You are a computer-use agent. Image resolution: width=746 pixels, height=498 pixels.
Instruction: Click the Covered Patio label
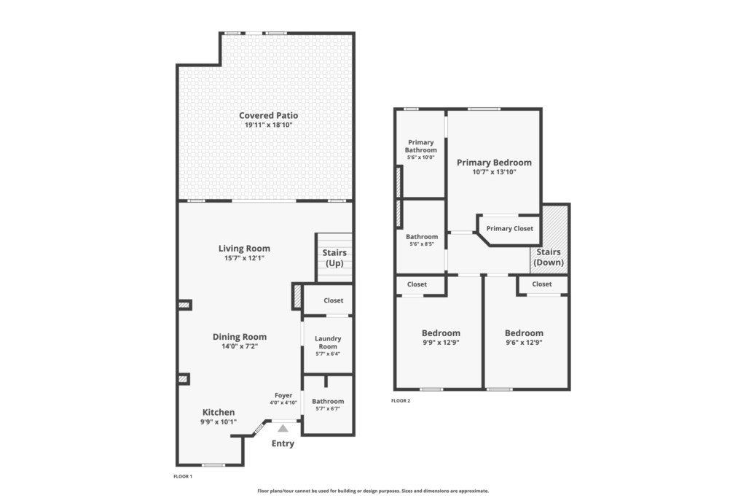268,115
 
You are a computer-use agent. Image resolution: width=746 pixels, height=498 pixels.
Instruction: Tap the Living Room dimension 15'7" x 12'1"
244,259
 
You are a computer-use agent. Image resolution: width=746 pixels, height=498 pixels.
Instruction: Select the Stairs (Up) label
334,257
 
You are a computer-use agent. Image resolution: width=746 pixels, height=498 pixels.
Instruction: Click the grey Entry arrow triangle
283,429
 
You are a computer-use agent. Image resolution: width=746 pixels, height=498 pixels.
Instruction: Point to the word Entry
283,444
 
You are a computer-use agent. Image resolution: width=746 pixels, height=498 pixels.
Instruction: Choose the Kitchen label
219,412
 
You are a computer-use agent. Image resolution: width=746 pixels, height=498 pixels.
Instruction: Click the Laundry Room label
328,342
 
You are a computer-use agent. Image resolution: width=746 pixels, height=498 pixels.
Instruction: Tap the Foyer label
283,396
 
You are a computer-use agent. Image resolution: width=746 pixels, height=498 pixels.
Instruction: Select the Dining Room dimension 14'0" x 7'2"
240,346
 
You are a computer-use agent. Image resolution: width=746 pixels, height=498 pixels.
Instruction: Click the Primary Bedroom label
495,163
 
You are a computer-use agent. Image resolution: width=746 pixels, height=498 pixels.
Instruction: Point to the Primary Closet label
509,228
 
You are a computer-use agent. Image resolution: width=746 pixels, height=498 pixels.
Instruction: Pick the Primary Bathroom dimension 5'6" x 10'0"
420,157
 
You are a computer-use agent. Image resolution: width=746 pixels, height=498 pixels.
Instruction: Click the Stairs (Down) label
549,257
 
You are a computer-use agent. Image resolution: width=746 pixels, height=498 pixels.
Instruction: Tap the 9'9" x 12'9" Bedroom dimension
441,343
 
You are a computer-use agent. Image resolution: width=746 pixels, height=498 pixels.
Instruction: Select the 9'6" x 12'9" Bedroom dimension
524,343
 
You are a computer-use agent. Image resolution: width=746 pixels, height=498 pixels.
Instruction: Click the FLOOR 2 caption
401,401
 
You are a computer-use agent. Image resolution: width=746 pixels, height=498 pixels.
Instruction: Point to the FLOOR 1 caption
183,477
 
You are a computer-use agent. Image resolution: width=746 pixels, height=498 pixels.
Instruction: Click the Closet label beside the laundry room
333,300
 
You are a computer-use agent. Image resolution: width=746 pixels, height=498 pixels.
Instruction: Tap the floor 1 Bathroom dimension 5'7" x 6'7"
328,409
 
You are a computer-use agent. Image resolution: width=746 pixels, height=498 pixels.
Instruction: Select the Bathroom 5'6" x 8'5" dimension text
422,245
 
